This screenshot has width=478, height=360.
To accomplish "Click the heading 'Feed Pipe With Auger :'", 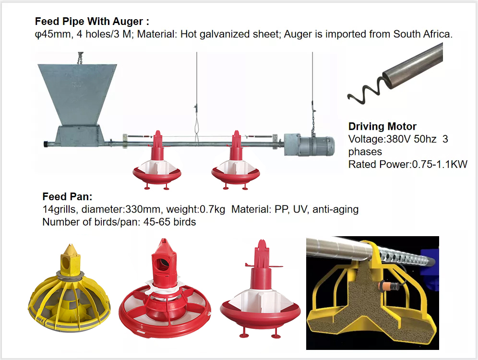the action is point(92,22).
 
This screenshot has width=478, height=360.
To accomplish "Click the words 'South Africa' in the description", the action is point(421,34).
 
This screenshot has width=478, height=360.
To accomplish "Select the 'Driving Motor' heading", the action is point(382,127).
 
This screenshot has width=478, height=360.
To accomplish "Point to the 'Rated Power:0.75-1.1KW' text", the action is point(407,165).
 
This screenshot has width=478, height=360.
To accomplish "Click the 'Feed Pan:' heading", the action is point(67,197).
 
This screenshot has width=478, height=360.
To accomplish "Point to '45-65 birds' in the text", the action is point(169,222).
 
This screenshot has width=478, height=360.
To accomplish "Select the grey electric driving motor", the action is point(310,145).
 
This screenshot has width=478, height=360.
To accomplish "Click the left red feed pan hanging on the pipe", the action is point(156,162).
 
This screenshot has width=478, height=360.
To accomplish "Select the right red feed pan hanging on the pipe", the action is point(236,162).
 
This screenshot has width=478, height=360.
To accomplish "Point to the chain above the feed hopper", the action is point(81,58).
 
